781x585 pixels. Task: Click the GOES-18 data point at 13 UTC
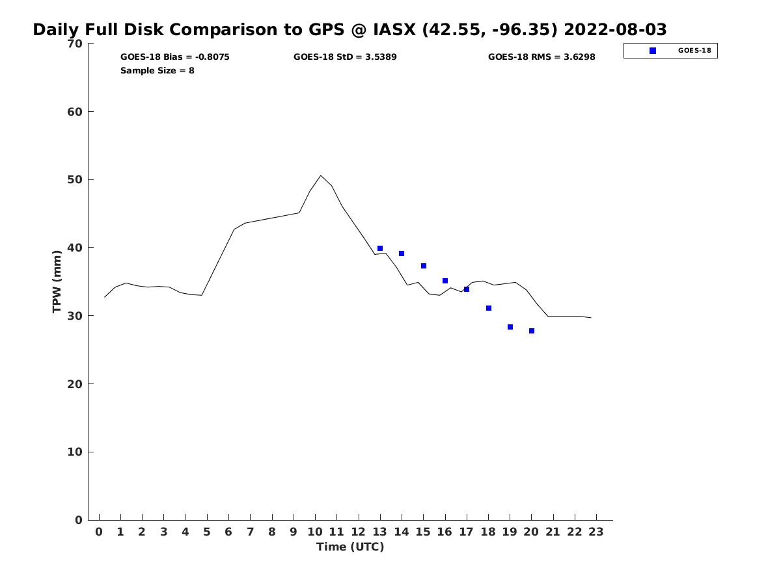point(380,248)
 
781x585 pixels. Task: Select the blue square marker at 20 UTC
point(532,331)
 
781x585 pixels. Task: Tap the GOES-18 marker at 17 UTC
point(467,289)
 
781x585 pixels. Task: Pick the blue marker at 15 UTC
point(424,266)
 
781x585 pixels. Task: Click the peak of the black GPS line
point(321,175)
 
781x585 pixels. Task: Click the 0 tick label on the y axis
point(78,520)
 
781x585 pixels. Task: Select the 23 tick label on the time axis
point(596,532)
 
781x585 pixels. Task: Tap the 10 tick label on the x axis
point(315,532)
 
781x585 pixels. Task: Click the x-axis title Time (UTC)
point(350,547)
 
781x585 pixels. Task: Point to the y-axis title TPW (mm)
point(57,281)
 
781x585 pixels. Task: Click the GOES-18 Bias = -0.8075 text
point(175,57)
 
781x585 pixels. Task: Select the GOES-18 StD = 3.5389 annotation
point(345,57)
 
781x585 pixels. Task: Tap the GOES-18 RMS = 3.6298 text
point(541,57)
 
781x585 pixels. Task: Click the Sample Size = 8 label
point(157,70)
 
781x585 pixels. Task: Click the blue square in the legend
point(653,51)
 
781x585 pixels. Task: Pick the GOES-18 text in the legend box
point(694,51)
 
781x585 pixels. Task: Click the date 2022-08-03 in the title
point(615,30)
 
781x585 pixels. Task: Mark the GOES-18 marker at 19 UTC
point(510,327)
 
